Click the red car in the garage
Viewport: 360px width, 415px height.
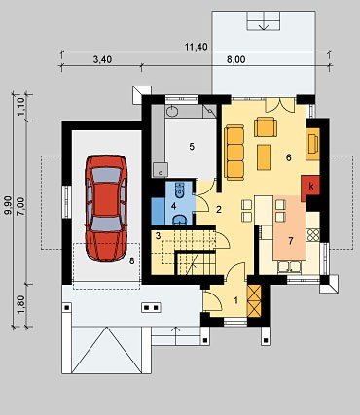(106, 208)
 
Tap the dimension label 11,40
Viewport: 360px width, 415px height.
(197, 47)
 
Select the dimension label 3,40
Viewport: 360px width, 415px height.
(102, 59)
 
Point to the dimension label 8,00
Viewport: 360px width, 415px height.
(235, 59)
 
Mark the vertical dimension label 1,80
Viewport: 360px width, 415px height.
(20, 304)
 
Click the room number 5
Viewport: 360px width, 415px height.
(192, 147)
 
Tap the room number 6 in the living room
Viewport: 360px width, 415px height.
(288, 157)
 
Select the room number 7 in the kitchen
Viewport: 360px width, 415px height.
(291, 241)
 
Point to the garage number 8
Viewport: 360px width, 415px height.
(131, 261)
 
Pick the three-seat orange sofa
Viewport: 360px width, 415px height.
(234, 153)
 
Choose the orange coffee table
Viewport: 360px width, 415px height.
(265, 157)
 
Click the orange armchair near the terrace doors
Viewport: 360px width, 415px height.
(266, 127)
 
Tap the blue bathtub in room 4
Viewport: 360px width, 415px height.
(158, 211)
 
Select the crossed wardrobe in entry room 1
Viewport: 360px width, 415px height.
(254, 300)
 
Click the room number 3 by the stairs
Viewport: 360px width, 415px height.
(158, 236)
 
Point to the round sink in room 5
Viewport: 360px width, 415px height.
(172, 111)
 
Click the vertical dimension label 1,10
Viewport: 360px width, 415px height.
(20, 107)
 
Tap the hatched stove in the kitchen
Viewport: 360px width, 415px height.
(313, 235)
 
